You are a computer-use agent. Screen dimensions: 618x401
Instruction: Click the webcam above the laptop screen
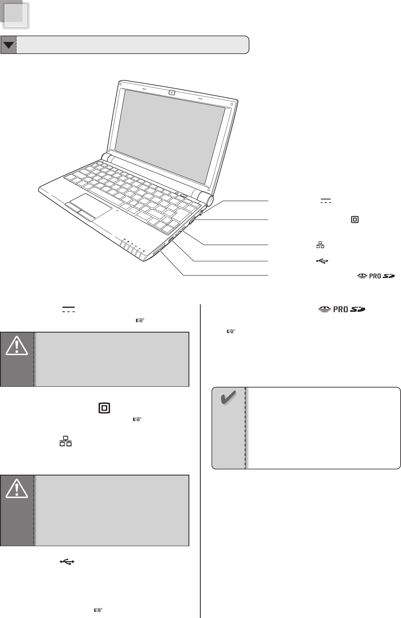pos(172,93)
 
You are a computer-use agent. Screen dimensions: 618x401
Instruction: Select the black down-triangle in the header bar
pos(9,45)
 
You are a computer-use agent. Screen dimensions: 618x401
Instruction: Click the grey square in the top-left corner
pos(16,15)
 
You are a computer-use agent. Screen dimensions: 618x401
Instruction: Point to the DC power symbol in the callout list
pos(326,201)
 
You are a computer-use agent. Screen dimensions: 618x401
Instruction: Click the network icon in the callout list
pos(320,245)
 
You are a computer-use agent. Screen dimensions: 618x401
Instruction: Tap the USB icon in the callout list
pos(321,260)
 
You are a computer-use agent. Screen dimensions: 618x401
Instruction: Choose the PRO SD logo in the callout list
pos(375,276)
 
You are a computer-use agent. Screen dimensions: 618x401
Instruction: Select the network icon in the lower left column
pos(66,441)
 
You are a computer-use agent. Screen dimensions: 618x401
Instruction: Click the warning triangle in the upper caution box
pos(17,346)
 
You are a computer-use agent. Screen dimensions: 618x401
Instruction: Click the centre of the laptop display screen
pos(170,137)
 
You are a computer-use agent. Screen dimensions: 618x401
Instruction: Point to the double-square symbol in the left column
pos(103,408)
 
